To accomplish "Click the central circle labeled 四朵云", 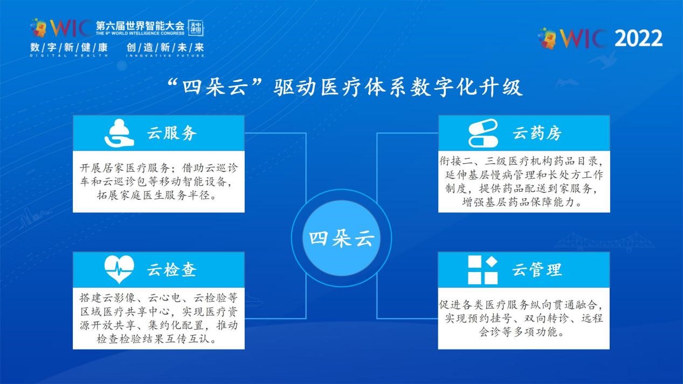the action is (341, 238).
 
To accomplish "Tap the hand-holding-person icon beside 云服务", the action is (119, 133).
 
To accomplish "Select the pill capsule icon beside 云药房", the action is (484, 133).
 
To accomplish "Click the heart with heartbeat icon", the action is (119, 269).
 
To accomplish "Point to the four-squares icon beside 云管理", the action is (482, 270).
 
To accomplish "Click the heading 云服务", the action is (172, 133).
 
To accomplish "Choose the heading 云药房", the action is (537, 133).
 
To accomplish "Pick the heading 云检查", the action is (172, 270).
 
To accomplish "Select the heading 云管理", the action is (537, 270).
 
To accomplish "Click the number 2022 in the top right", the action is (638, 38).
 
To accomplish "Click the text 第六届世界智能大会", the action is (140, 25).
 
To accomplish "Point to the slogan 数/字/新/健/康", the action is (69, 47).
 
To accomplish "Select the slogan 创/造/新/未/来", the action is (165, 47).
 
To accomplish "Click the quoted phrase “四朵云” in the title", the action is (215, 87).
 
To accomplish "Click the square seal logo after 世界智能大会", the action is (196, 27).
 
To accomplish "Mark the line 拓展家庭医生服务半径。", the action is (157, 195).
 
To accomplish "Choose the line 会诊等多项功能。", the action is (522, 332).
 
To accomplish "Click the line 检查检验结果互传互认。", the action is (157, 339).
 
